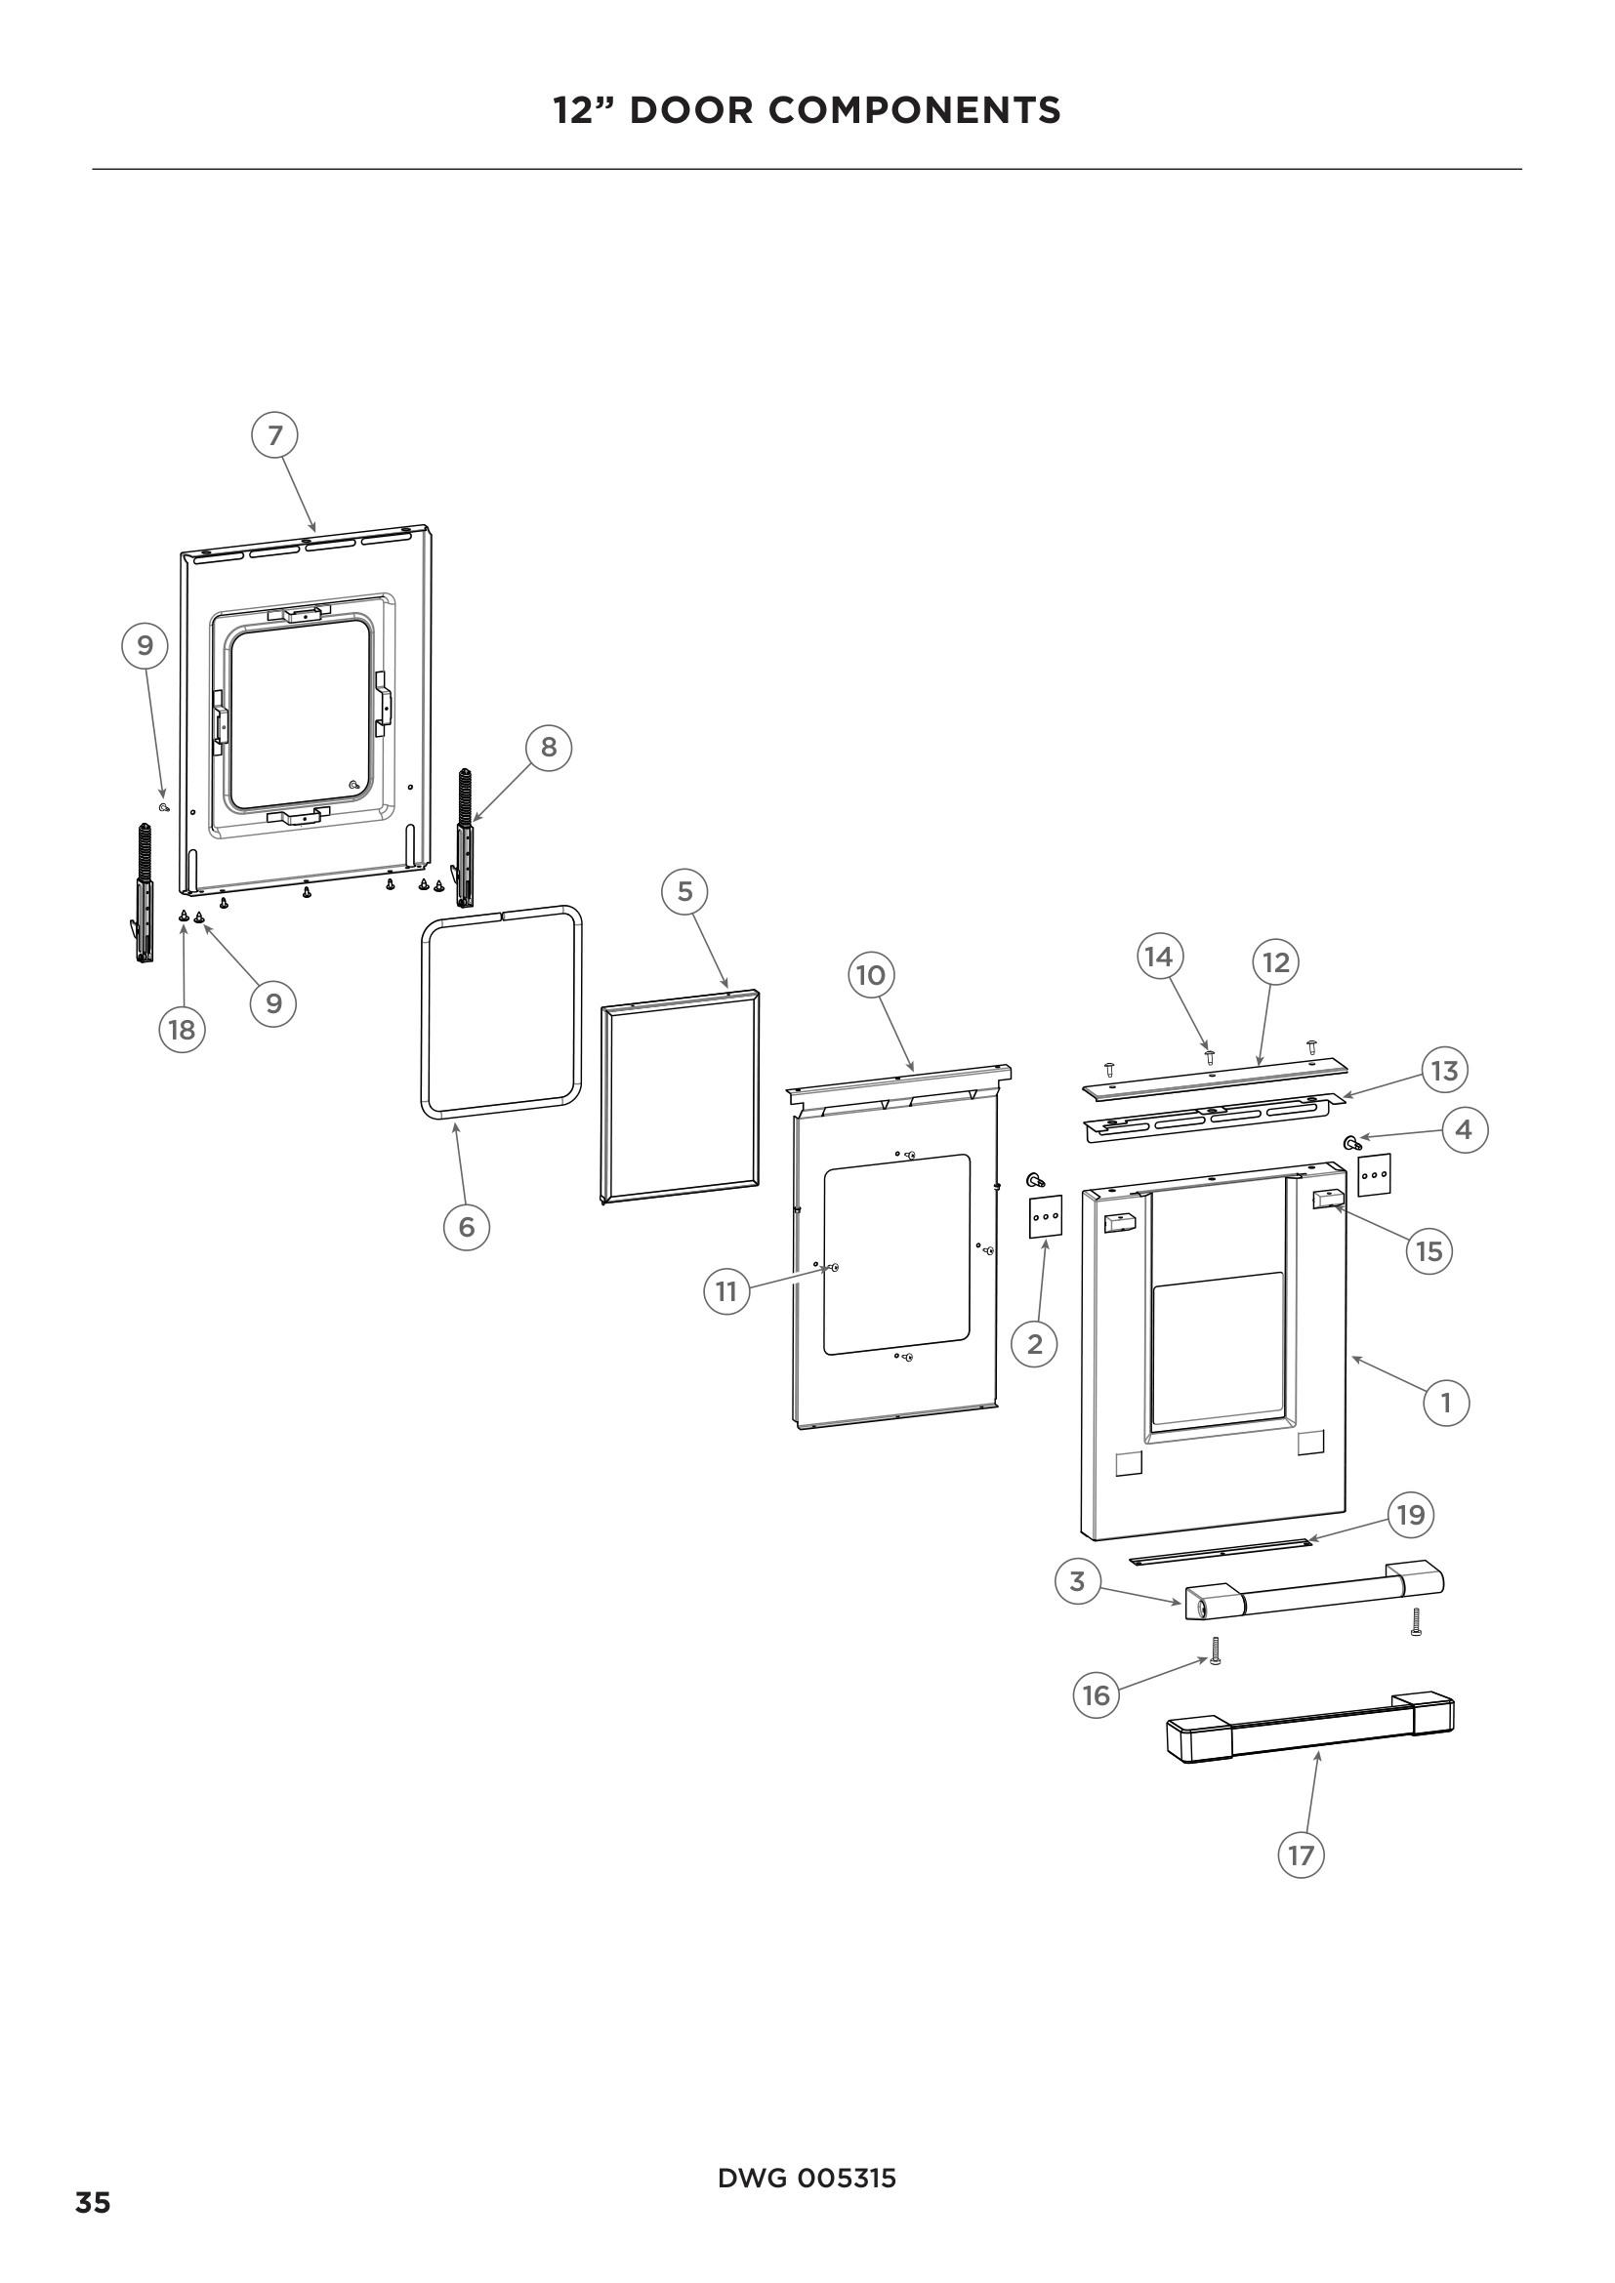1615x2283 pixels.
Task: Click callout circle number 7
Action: tap(275, 435)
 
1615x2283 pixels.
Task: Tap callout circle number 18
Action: tap(182, 1029)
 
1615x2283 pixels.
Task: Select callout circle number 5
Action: tap(684, 892)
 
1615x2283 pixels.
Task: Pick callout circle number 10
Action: tap(870, 974)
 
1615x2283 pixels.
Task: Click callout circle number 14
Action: tap(1159, 958)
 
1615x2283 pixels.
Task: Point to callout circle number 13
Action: tap(1444, 1071)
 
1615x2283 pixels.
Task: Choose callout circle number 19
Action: tap(1411, 1515)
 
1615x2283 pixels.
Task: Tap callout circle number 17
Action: tap(1301, 1855)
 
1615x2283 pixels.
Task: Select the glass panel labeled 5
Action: tap(681, 1094)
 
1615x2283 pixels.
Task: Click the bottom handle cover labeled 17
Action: tap(1308, 1732)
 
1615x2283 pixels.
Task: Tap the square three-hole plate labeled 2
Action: tap(1045, 1216)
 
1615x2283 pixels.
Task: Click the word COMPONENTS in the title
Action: tap(914, 109)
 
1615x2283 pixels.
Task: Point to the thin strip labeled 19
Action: tap(1221, 1552)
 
